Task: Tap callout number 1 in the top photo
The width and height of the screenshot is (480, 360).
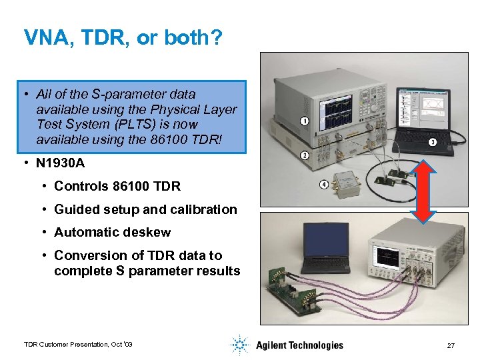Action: [x=304, y=121]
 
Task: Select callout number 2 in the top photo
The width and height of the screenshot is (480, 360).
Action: [x=304, y=155]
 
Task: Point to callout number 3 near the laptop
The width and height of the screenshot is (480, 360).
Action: [x=432, y=142]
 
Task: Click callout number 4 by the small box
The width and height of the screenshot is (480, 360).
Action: [x=324, y=184]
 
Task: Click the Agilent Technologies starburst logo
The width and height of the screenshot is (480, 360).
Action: [x=239, y=345]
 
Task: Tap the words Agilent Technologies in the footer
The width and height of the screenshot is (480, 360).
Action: [x=299, y=345]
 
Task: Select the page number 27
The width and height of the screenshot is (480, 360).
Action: [x=451, y=345]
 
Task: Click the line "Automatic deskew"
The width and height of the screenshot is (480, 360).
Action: [x=112, y=233]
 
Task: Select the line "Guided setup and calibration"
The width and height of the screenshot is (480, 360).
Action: [x=145, y=209]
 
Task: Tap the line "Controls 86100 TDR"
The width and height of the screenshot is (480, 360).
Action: [x=117, y=186]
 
